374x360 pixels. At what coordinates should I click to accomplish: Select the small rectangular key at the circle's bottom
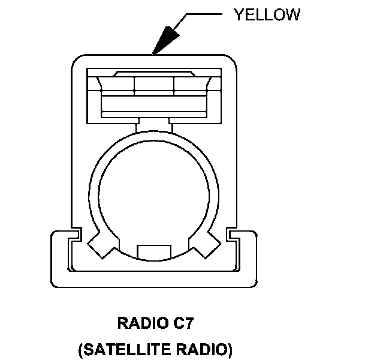click(x=153, y=250)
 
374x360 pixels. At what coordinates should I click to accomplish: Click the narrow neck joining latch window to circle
click(x=153, y=125)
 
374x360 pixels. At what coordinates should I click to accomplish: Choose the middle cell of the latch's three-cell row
click(x=153, y=83)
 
